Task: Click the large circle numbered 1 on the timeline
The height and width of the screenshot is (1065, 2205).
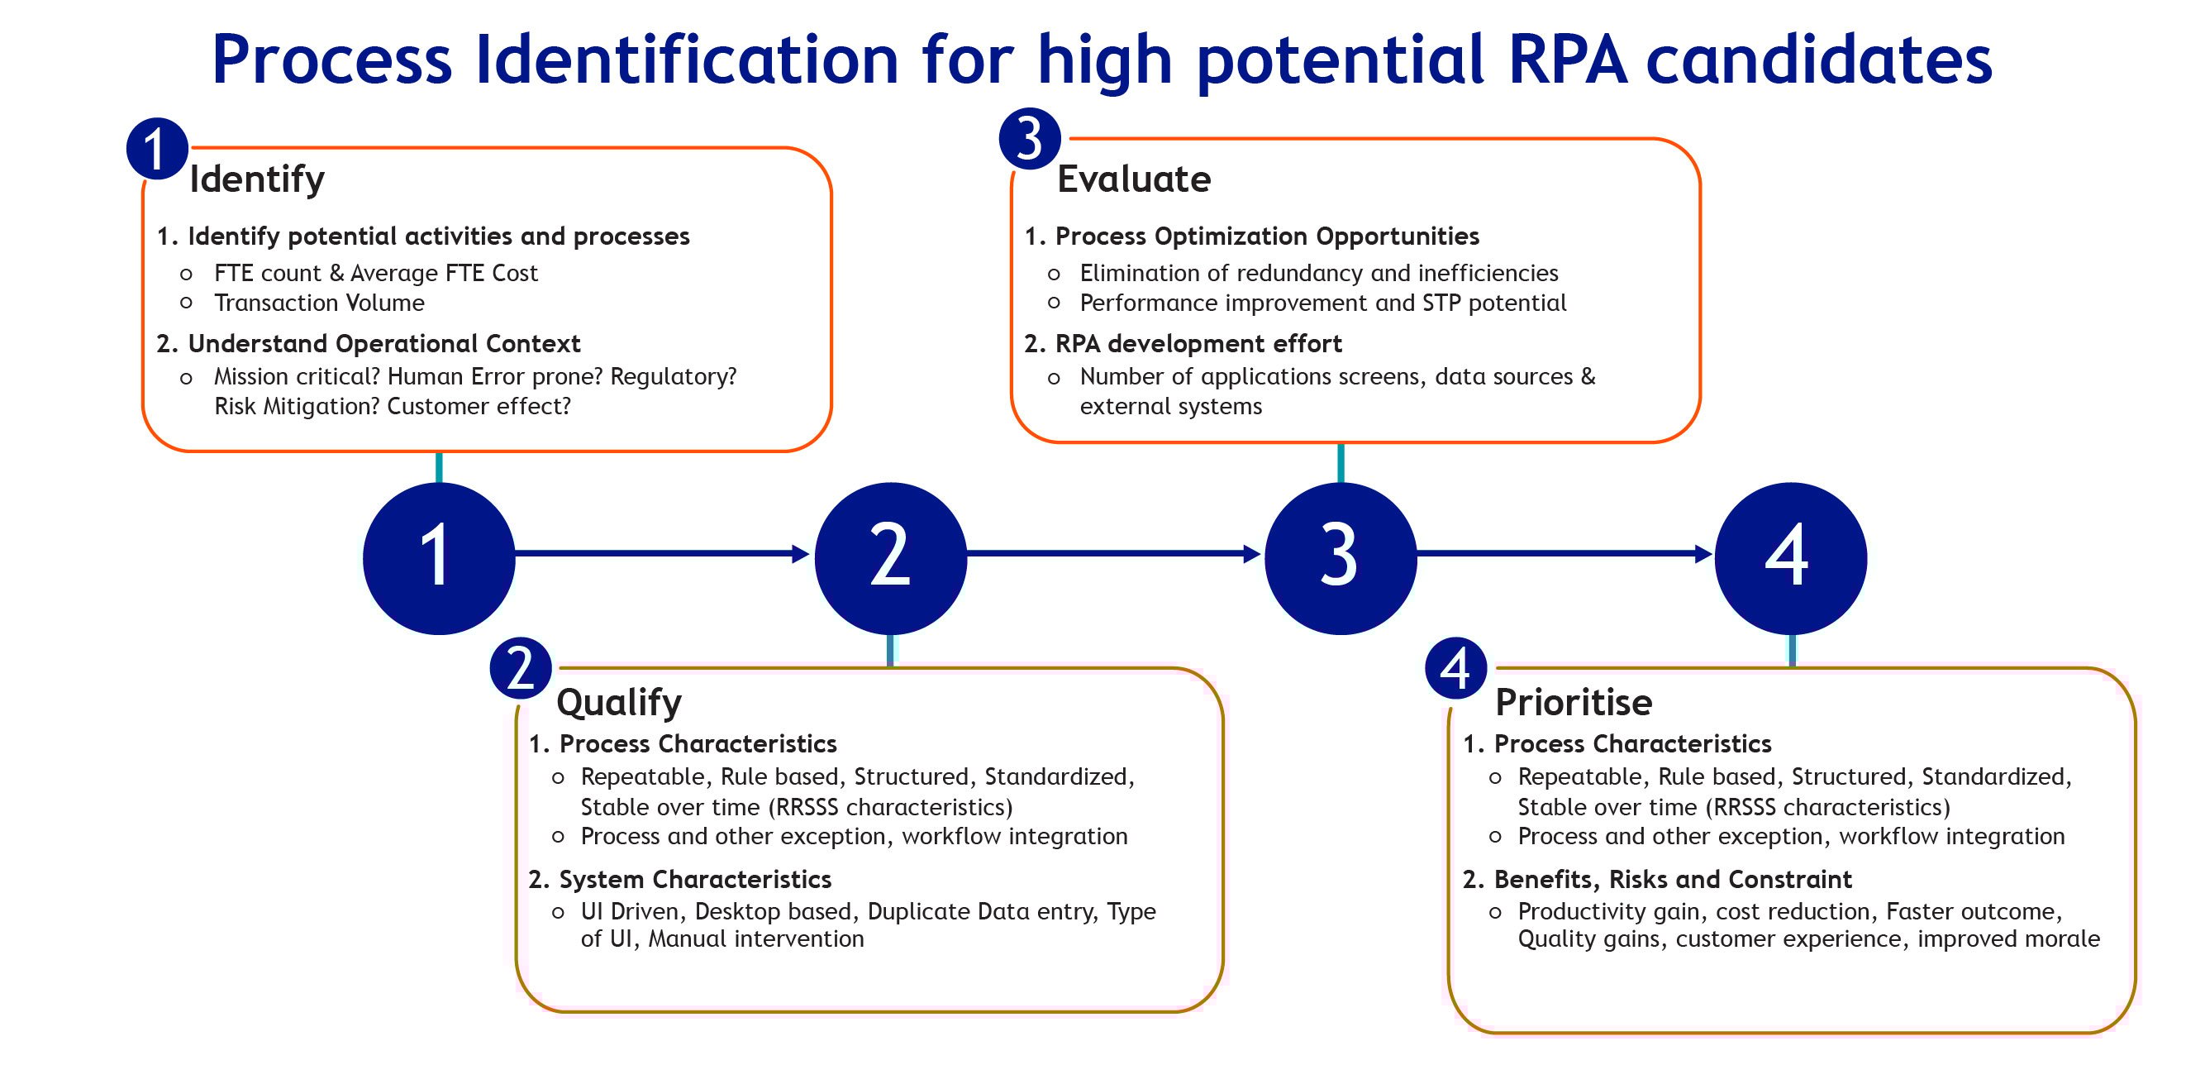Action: pos(438,557)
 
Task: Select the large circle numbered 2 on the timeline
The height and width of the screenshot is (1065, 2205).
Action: pos(890,557)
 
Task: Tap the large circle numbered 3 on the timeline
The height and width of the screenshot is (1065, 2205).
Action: pos(1341,557)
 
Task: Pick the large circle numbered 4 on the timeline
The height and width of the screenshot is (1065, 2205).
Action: pos(1791,557)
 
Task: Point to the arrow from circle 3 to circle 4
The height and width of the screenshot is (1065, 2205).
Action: pos(1563,554)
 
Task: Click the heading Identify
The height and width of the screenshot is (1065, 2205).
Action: pos(257,179)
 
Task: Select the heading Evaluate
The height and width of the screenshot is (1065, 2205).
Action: pos(1134,179)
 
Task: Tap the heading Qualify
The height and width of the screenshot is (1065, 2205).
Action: pos(619,703)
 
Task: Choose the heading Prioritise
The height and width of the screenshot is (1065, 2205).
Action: pos(1574,703)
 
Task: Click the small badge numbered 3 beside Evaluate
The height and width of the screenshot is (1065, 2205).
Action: pos(1030,139)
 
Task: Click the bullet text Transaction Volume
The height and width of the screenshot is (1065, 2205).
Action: pos(319,303)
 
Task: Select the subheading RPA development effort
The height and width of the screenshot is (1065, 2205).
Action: pos(1198,344)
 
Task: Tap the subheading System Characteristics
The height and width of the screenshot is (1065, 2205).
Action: pos(695,880)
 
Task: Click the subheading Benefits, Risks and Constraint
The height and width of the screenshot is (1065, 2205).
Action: pos(1673,880)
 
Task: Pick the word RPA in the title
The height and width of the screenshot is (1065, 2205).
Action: pos(1566,60)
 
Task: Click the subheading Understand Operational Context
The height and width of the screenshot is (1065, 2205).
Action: pos(383,344)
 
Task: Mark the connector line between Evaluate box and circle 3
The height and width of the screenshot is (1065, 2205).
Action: pos(1341,463)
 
